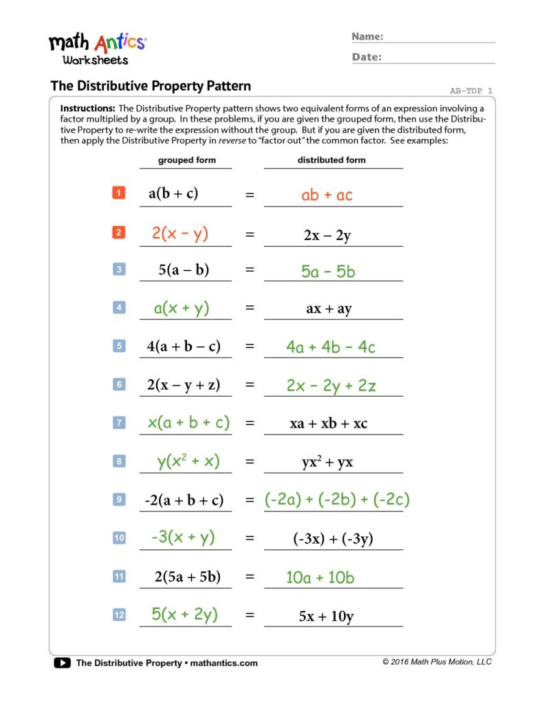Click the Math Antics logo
click(x=97, y=47)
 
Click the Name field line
click(x=439, y=42)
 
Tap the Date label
click(x=367, y=58)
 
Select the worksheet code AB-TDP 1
click(x=471, y=91)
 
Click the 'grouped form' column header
click(x=186, y=160)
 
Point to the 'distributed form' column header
click(x=331, y=160)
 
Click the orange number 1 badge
click(x=118, y=194)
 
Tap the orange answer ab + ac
click(x=327, y=195)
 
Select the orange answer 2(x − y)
click(x=180, y=234)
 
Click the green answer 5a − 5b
click(x=328, y=272)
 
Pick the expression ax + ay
click(x=329, y=309)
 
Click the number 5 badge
click(x=119, y=346)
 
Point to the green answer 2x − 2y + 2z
click(x=331, y=386)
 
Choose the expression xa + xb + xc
click(x=329, y=423)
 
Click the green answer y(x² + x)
click(x=188, y=461)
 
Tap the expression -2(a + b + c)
click(x=184, y=500)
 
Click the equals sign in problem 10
click(x=250, y=539)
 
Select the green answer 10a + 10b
click(x=320, y=577)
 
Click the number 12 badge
click(x=119, y=615)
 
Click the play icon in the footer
click(x=62, y=663)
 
